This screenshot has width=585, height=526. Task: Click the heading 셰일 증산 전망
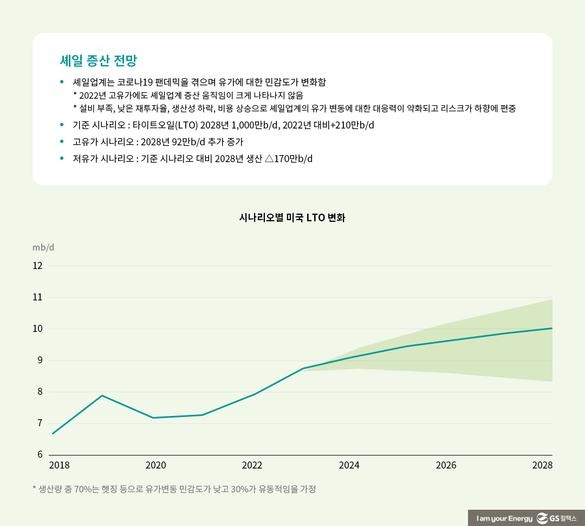click(x=102, y=60)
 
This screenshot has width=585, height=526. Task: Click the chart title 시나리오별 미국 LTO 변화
click(x=292, y=218)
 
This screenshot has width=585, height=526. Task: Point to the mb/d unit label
click(x=43, y=248)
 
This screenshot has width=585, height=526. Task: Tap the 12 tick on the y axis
click(x=37, y=266)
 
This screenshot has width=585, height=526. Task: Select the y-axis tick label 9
click(x=39, y=361)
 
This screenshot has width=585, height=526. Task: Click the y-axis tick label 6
click(x=39, y=455)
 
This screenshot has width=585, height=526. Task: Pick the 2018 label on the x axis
click(x=59, y=466)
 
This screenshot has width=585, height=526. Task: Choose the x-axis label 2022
click(x=252, y=466)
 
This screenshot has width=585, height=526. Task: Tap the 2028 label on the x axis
click(x=542, y=466)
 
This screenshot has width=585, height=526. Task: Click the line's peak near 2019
click(x=102, y=395)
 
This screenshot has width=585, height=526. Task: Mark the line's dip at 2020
click(x=153, y=418)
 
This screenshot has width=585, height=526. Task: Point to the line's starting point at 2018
click(x=53, y=434)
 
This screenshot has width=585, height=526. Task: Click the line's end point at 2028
click(x=551, y=328)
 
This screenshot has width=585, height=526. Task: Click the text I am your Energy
click(x=504, y=519)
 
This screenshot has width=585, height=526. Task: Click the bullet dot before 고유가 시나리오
click(x=62, y=142)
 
